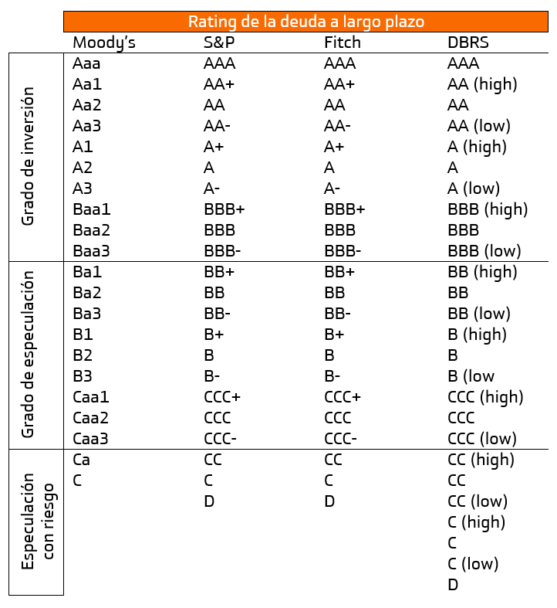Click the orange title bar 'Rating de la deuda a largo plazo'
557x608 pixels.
pyautogui.click(x=306, y=22)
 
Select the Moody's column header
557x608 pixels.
pyautogui.click(x=104, y=43)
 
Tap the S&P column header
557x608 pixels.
pyautogui.click(x=219, y=42)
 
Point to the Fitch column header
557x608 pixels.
pyautogui.click(x=343, y=42)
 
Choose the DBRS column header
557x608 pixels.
pyautogui.click(x=468, y=42)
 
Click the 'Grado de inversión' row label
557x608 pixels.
pyautogui.click(x=28, y=156)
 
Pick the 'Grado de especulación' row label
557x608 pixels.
pyautogui.click(x=28, y=355)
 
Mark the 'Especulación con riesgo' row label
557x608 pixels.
pyautogui.click(x=38, y=521)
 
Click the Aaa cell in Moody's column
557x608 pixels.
pyautogui.click(x=86, y=63)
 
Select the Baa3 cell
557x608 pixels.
pyautogui.click(x=91, y=251)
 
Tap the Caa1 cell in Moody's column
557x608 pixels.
pyautogui.click(x=91, y=397)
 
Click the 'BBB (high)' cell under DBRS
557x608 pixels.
pyautogui.click(x=488, y=210)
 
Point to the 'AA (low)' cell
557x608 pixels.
pyautogui.click(x=479, y=127)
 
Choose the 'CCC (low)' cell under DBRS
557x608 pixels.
pyautogui.click(x=482, y=440)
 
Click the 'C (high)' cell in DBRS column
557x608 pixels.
pyautogui.click(x=477, y=523)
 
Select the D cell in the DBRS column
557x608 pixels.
pyautogui.click(x=453, y=585)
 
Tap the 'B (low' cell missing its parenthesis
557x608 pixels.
pyautogui.click(x=471, y=376)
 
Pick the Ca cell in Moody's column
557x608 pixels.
pyautogui.click(x=81, y=460)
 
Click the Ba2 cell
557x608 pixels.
pyautogui.click(x=87, y=293)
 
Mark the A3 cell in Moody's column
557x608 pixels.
pyautogui.click(x=83, y=189)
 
